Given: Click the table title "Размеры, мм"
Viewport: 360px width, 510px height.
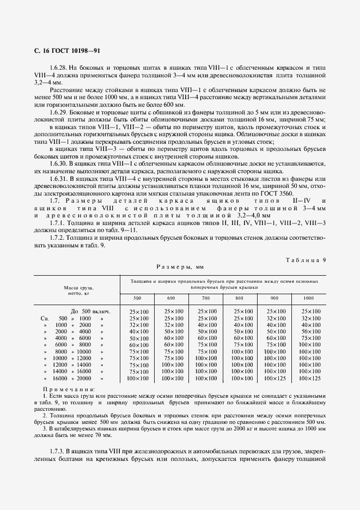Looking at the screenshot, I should [179, 267].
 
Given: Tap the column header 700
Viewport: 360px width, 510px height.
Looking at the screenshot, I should [205, 298].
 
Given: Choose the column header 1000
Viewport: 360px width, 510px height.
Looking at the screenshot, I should [308, 298].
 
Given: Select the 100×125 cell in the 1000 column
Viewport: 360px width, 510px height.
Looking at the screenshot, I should [308, 378].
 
